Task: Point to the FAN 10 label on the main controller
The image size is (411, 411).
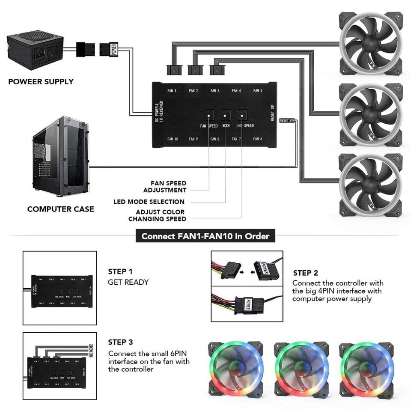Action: [173, 139]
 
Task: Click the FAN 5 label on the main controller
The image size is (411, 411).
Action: [258, 91]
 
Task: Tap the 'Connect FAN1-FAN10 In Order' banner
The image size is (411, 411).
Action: [205, 236]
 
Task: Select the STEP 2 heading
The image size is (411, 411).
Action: [306, 273]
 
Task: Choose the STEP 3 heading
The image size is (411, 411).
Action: [120, 342]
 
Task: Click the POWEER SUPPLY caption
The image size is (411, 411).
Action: [41, 81]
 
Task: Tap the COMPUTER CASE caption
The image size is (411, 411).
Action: [60, 209]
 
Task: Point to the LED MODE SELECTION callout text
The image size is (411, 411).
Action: [149, 202]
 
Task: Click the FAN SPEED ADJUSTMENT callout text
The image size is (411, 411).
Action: [165, 187]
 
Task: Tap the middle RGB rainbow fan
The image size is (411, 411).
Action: [301, 369]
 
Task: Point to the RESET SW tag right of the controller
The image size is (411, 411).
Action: [286, 121]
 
